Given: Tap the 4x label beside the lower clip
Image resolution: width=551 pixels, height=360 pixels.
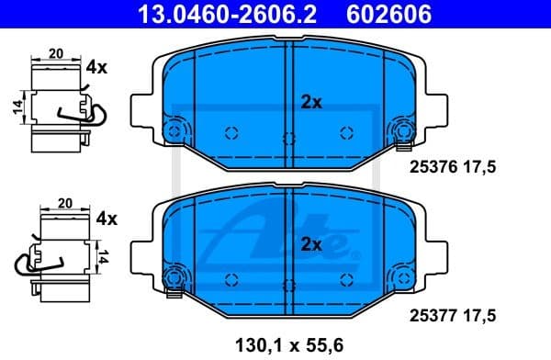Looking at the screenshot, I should [x=107, y=219].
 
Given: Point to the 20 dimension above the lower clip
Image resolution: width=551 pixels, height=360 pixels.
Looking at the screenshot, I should [x=65, y=202].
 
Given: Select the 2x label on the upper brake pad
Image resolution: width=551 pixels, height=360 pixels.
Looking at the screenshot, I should [x=311, y=103].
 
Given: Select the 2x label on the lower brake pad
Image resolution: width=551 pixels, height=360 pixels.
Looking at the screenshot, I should [x=311, y=244].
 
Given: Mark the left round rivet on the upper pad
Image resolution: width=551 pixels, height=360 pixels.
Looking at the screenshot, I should [x=173, y=129].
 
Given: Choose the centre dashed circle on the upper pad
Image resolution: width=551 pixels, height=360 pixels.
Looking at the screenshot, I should [x=288, y=140].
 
